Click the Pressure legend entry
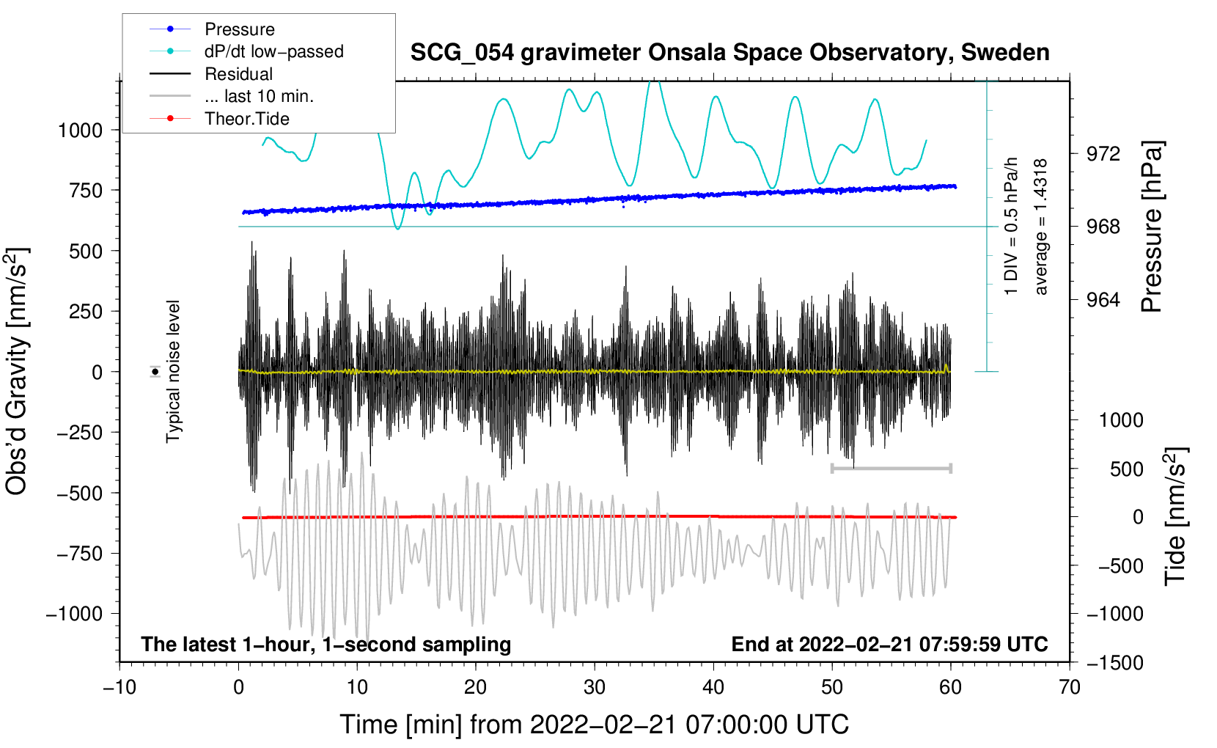point(239,29)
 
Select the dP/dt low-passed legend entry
point(273,51)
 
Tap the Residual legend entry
point(238,74)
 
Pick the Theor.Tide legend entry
point(246,119)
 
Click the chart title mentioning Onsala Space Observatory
point(729,53)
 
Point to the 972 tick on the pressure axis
point(1103,154)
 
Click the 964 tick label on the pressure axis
point(1103,300)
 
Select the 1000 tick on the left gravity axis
point(80,131)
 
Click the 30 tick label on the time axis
point(595,688)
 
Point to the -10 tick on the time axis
point(120,688)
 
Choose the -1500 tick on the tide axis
point(1114,663)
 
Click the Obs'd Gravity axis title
point(17,372)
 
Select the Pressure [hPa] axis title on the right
point(1152,227)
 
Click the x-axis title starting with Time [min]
point(595,725)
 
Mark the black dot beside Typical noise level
point(155,372)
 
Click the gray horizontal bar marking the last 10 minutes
point(891,468)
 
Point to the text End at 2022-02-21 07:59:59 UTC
point(889,645)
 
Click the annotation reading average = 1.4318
point(1040,227)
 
